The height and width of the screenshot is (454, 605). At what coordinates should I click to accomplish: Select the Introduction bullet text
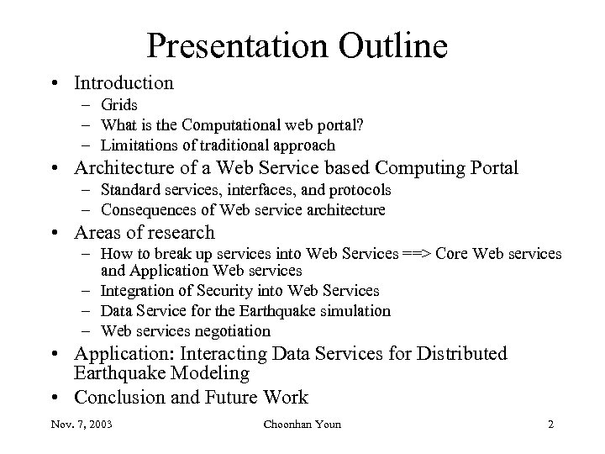tap(124, 83)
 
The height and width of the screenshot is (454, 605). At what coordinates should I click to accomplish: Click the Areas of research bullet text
tap(145, 232)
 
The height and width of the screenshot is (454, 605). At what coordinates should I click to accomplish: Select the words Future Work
tap(266, 397)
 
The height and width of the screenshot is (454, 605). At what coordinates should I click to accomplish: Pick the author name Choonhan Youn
tap(302, 425)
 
